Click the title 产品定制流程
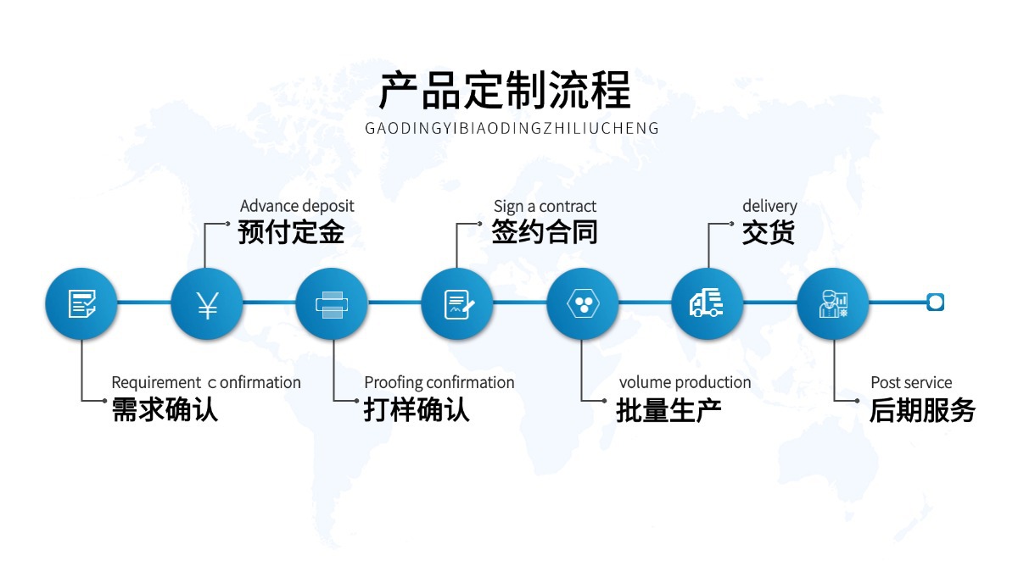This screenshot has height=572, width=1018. pos(505,91)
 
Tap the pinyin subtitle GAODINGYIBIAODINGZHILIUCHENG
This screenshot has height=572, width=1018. pos(512,129)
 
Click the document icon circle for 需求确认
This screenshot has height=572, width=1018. pos(81,303)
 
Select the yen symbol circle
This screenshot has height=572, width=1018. pos(207,303)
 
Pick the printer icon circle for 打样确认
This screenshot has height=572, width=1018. pos(332,303)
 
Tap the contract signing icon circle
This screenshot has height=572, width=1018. pos(457,303)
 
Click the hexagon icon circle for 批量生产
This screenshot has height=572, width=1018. pos(582,303)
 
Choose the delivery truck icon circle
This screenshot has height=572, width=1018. pos(708,303)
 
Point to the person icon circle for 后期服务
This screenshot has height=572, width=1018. pos(832,303)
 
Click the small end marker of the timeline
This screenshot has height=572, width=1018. pos(936,302)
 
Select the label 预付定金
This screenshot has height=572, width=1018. pos(291,232)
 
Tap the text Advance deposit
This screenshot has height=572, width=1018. pos(297,206)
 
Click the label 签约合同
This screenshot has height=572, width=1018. pos(545,232)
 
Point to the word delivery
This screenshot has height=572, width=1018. pos(769,206)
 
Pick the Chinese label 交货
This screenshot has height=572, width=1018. pos(769,232)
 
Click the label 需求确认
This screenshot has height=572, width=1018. pos(165,410)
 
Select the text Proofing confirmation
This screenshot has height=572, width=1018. pos(439,382)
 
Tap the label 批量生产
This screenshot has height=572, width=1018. pos(668,410)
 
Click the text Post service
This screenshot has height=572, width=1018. pos(911,382)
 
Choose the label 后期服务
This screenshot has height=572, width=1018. pos(921,410)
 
